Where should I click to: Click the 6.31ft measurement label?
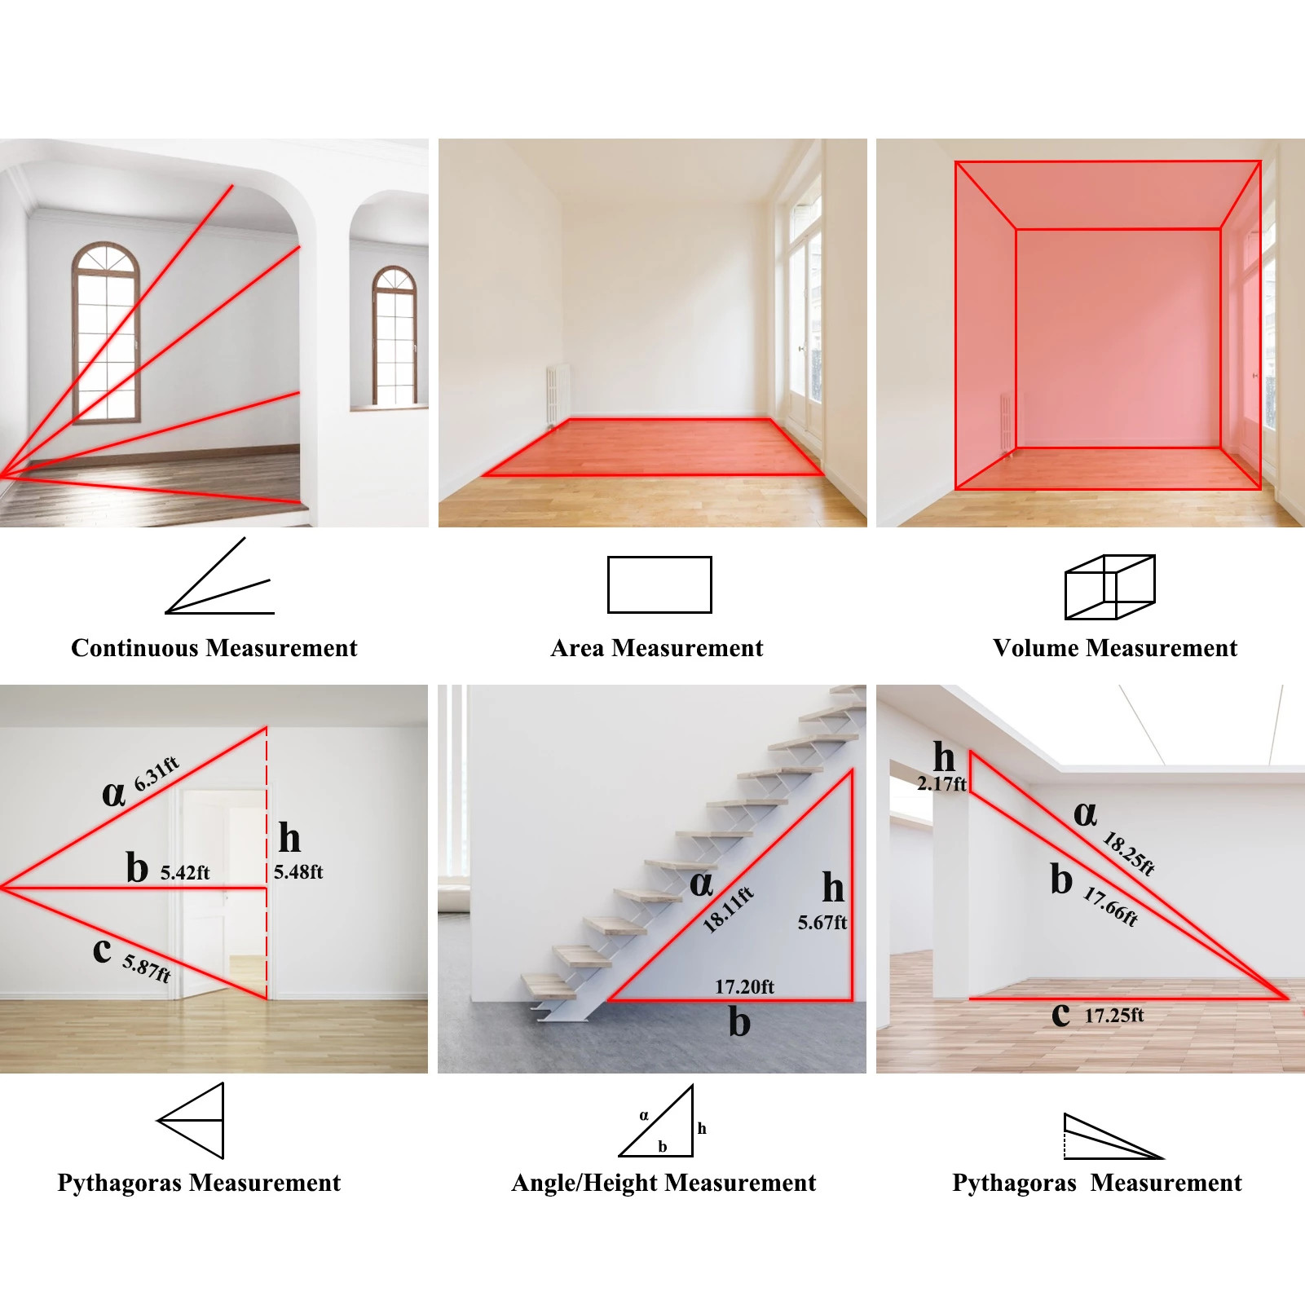157,774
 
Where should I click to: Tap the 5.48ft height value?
298,872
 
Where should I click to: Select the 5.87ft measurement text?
147,968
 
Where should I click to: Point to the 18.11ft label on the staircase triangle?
728,909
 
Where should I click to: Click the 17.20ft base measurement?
744,987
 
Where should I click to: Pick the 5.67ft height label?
822,923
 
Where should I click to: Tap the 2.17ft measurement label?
941,784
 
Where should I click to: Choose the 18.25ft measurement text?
1129,853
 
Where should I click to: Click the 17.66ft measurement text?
1110,906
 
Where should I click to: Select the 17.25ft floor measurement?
1114,1016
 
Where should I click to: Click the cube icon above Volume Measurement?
1110,587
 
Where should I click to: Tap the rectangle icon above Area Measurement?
659,584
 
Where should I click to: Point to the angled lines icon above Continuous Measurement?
218,575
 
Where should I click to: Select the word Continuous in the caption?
134,648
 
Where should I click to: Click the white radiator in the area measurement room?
558,395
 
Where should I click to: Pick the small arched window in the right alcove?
395,335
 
